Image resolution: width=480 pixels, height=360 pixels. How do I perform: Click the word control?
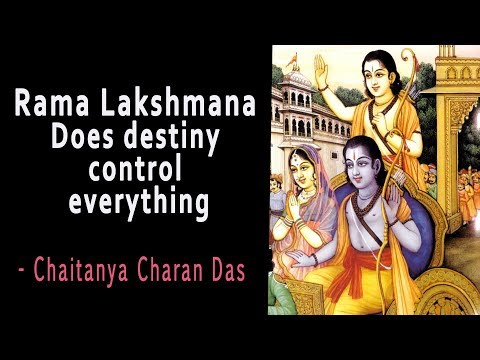pyautogui.click(x=137, y=171)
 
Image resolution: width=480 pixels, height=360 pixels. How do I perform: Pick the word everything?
pyautogui.click(x=137, y=204)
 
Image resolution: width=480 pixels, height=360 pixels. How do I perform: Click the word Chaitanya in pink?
pyautogui.click(x=95, y=269)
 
